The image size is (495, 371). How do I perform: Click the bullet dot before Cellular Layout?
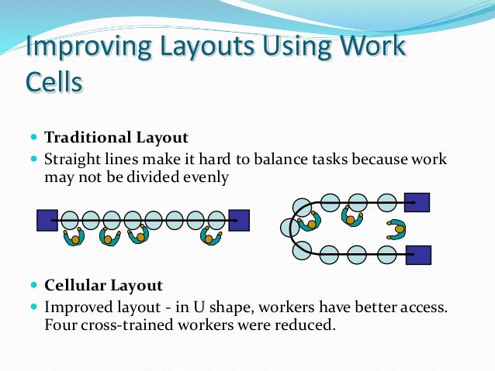(34, 285)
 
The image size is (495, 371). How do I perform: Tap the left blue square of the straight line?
(47, 221)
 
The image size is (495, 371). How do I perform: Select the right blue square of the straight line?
(239, 221)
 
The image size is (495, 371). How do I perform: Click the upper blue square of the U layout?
(417, 203)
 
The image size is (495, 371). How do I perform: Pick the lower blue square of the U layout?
(418, 254)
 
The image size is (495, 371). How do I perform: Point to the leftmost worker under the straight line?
(74, 236)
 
